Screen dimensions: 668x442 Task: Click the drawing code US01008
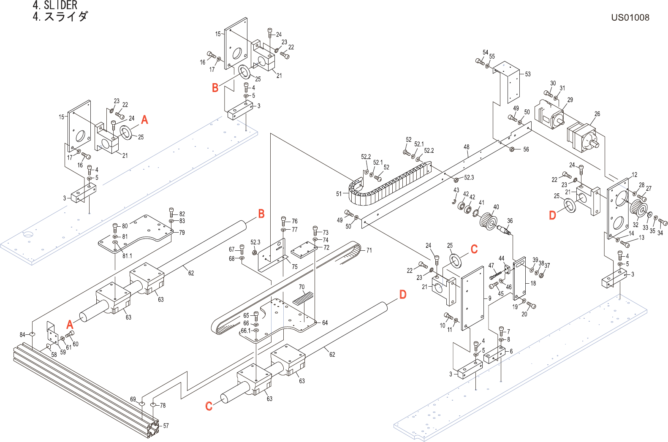click(x=630, y=17)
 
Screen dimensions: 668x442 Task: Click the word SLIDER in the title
click(x=60, y=5)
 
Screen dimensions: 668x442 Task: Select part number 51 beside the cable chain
click(x=339, y=194)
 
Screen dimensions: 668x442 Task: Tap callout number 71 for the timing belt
click(x=369, y=250)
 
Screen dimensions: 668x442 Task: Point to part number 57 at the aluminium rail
click(x=166, y=426)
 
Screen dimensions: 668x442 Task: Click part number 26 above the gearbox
click(x=597, y=114)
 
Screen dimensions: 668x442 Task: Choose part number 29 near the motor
click(x=570, y=100)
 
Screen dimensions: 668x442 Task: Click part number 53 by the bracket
click(x=527, y=74)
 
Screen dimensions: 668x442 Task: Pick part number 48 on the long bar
click(x=467, y=147)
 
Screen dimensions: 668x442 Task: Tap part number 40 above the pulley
click(x=496, y=207)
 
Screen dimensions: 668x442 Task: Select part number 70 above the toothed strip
click(x=302, y=287)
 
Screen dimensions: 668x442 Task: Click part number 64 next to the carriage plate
click(x=325, y=323)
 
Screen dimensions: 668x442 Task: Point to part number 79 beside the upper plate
click(x=182, y=233)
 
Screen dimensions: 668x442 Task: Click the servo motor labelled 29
click(x=549, y=114)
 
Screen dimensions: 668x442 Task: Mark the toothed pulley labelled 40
click(x=488, y=222)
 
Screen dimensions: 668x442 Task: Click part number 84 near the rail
click(x=22, y=335)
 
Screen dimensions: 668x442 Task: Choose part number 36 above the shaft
click(x=510, y=221)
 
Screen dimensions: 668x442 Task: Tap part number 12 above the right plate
click(x=634, y=175)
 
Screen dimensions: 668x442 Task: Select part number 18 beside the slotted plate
click(x=533, y=283)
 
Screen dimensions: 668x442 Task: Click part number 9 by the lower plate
click(x=489, y=298)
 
